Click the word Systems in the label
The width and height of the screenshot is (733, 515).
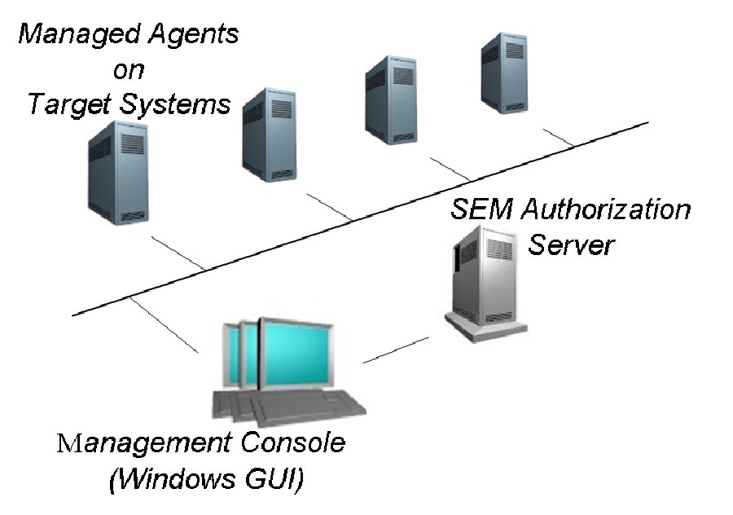pyautogui.click(x=181, y=104)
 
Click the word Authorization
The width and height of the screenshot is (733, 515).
pyautogui.click(x=606, y=210)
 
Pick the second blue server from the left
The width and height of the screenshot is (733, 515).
pyautogui.click(x=269, y=134)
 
